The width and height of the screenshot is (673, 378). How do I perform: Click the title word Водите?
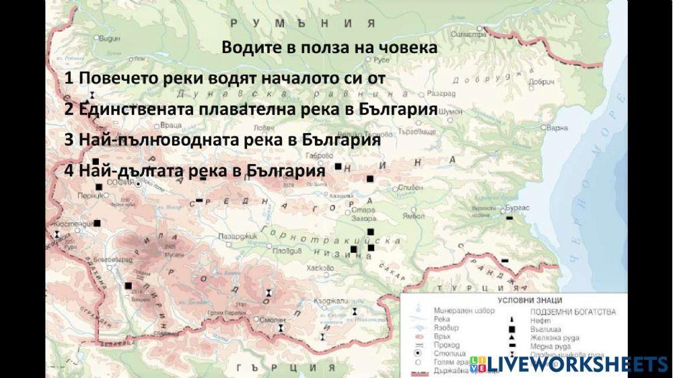[247, 48]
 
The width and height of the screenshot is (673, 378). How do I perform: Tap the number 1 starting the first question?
[69, 78]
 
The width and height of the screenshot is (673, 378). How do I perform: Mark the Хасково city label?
[320, 268]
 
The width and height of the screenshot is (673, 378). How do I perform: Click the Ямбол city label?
[414, 217]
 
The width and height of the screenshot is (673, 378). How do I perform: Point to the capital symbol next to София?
[138, 183]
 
